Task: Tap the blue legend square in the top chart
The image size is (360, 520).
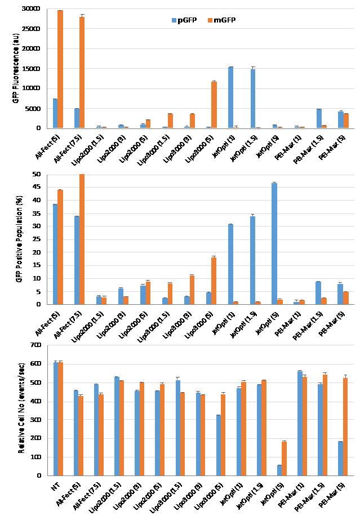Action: (174, 20)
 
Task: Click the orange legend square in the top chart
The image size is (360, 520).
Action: (210, 20)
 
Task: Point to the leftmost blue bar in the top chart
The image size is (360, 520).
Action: (55, 113)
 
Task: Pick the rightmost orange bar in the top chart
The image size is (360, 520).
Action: (346, 121)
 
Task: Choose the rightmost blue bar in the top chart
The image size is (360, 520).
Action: (340, 119)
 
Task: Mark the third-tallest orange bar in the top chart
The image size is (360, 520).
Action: (214, 105)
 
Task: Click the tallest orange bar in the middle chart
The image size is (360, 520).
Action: (82, 239)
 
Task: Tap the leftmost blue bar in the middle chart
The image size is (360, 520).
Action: (55, 254)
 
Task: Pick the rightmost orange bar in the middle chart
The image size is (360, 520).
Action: (346, 298)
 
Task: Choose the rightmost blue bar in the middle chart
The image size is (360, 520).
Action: (340, 294)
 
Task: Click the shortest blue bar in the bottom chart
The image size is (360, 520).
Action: (279, 470)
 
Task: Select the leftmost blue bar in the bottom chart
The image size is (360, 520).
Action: (56, 419)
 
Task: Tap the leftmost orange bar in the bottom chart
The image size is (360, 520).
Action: (60, 419)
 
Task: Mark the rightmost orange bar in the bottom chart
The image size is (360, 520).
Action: (345, 427)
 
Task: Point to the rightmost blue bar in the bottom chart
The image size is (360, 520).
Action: (340, 459)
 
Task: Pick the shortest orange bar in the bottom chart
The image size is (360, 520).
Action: (284, 459)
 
